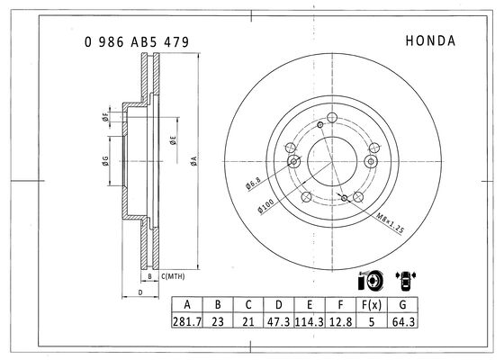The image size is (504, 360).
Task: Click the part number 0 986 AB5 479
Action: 137,42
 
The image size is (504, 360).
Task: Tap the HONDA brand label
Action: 430,40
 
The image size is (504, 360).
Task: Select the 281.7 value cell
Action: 187,321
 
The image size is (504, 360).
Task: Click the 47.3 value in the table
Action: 279,321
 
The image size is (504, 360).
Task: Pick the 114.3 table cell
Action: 310,321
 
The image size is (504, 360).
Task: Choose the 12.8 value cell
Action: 340,321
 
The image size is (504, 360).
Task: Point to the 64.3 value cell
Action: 403,321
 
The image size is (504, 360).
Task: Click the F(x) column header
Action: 372,304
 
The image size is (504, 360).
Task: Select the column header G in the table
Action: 403,304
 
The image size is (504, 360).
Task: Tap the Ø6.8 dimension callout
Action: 253,184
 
